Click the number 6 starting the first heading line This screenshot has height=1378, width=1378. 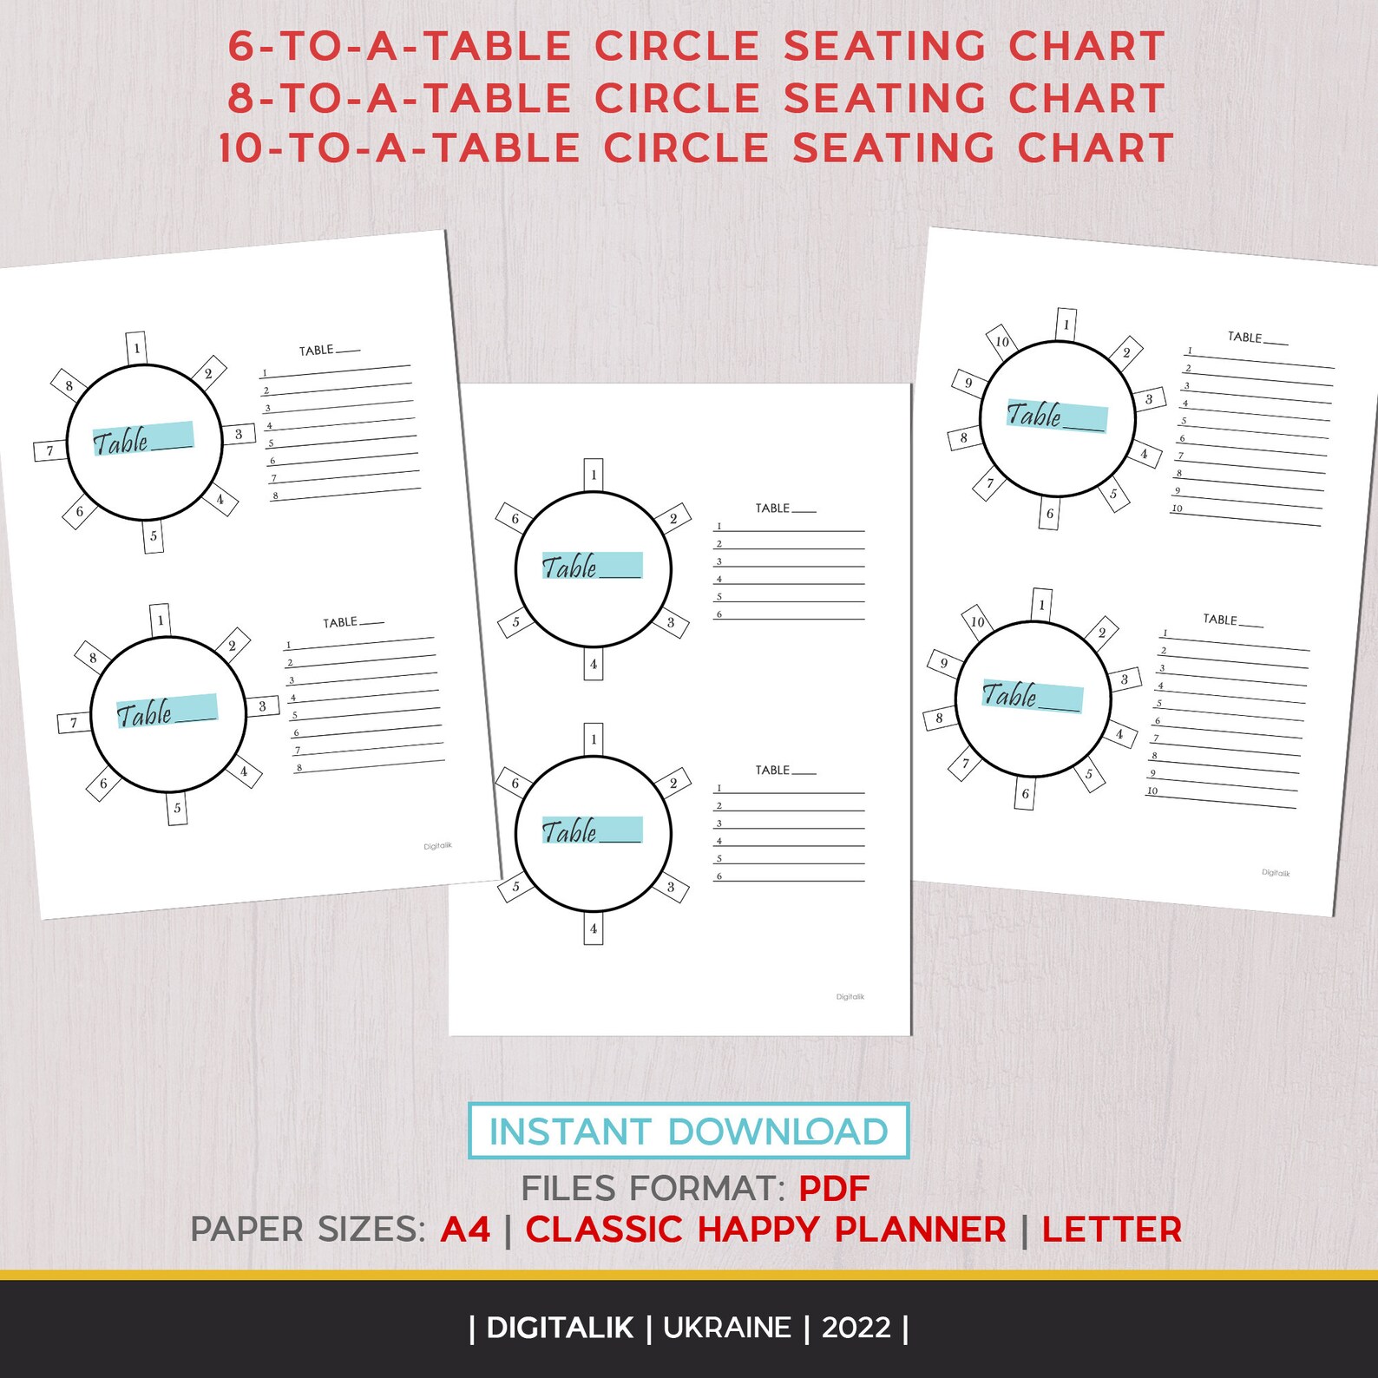[x=240, y=47]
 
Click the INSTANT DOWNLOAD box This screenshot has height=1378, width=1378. [x=688, y=1131]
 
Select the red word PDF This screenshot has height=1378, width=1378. [x=833, y=1189]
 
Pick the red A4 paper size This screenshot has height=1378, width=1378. [x=465, y=1230]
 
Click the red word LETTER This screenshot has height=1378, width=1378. [x=1112, y=1230]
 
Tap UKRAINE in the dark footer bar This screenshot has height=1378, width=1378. [x=727, y=1328]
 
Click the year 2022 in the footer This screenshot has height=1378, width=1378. [x=856, y=1328]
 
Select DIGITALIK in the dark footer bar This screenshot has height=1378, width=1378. [x=560, y=1328]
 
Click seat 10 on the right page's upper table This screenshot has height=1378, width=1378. [x=1002, y=341]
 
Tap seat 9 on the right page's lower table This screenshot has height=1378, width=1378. [x=943, y=663]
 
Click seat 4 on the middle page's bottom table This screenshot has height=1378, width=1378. [x=594, y=929]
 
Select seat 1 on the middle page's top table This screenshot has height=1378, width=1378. [x=594, y=475]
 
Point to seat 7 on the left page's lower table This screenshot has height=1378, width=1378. [x=74, y=722]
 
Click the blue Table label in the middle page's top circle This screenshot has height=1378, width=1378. [x=592, y=566]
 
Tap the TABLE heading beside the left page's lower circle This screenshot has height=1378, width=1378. [x=340, y=622]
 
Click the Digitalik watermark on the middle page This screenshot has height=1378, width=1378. [x=850, y=997]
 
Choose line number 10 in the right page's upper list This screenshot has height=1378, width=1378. [x=1177, y=509]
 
